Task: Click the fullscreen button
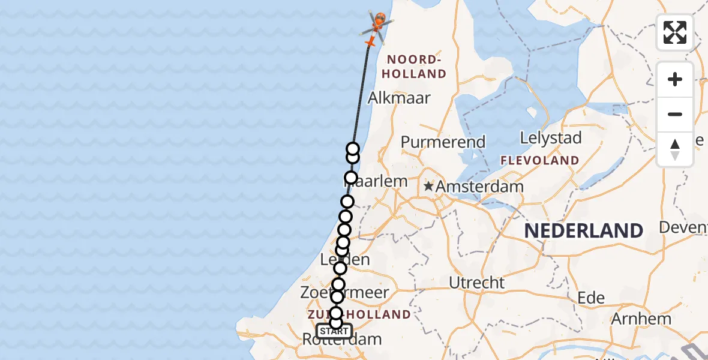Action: (675, 32)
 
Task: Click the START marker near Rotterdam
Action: (334, 331)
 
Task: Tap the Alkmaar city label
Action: (399, 98)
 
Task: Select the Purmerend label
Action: (443, 142)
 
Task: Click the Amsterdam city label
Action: (479, 187)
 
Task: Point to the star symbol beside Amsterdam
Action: (428, 187)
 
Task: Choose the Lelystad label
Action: (551, 138)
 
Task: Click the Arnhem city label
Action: (640, 319)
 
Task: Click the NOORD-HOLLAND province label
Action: (416, 67)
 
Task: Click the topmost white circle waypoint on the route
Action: (353, 149)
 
